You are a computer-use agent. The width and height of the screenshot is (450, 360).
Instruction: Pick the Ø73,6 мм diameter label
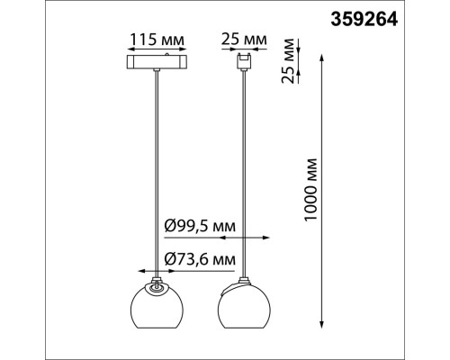click(x=200, y=259)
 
